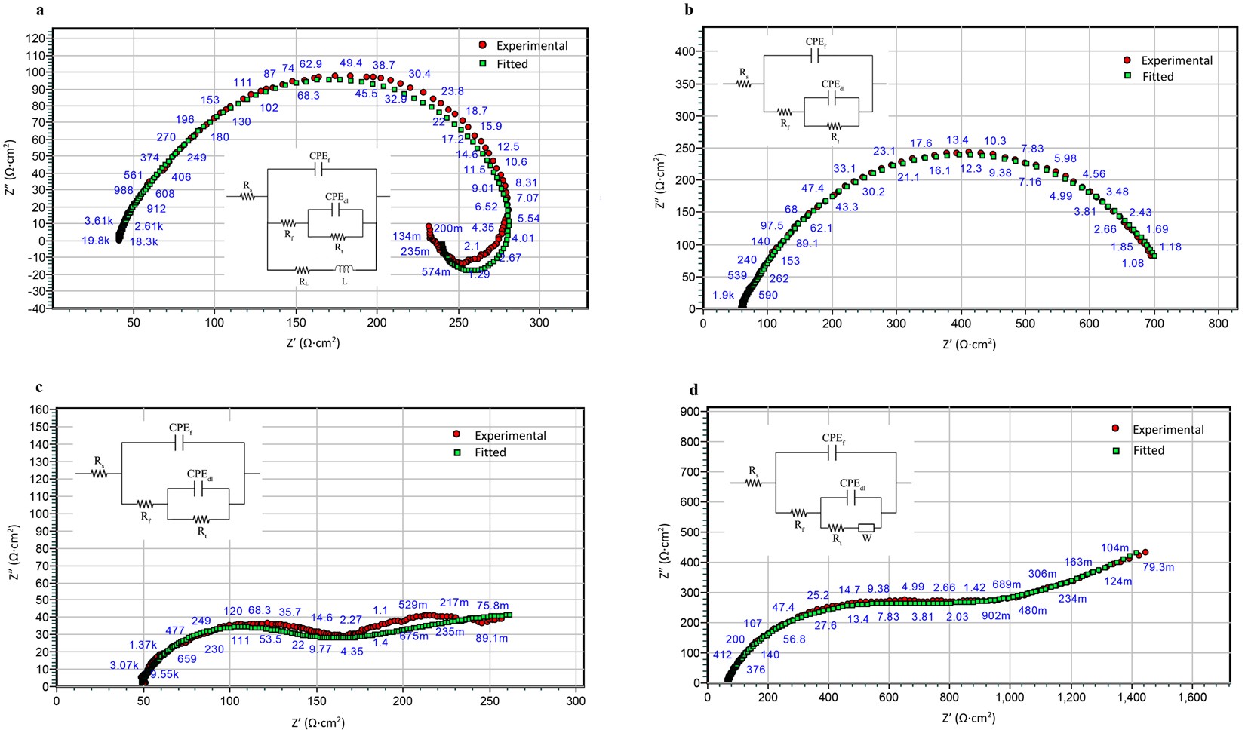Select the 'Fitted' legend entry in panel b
coord(1157,76)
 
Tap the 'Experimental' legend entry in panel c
coord(510,435)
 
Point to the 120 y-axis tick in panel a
coord(35,38)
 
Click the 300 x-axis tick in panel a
coord(539,323)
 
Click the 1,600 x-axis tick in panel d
coord(1191,698)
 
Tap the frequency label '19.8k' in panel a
coord(97,241)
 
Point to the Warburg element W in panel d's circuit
coord(866,529)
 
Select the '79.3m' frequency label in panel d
coord(1158,567)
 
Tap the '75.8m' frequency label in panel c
coord(493,606)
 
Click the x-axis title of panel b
coord(969,344)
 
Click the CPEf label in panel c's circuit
coord(180,428)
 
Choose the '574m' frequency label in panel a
coord(436,272)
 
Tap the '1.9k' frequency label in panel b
coord(723,296)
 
